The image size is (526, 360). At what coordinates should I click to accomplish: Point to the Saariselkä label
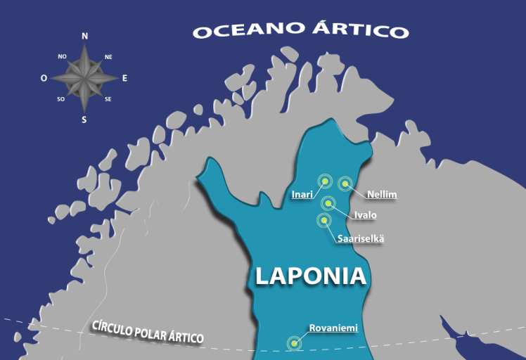(361, 238)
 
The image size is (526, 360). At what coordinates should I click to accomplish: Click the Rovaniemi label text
(333, 328)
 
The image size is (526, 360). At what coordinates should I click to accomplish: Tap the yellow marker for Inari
(324, 181)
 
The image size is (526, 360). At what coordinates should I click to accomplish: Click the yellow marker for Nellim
(345, 184)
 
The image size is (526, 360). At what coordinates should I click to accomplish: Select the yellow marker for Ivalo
(328, 203)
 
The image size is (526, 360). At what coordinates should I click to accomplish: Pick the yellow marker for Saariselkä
(323, 220)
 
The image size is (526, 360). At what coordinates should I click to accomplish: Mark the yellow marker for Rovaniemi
(294, 344)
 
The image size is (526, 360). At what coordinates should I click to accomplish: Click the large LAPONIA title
(311, 276)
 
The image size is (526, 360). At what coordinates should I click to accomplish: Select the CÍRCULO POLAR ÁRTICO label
(148, 332)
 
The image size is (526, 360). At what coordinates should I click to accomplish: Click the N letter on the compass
(85, 36)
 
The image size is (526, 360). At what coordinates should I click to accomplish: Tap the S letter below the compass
(84, 120)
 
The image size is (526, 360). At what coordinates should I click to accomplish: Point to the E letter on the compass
(125, 78)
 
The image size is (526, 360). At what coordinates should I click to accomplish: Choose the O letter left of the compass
(44, 79)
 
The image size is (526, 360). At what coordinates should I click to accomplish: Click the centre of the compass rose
(84, 77)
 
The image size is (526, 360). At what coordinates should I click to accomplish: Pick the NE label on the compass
(108, 56)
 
